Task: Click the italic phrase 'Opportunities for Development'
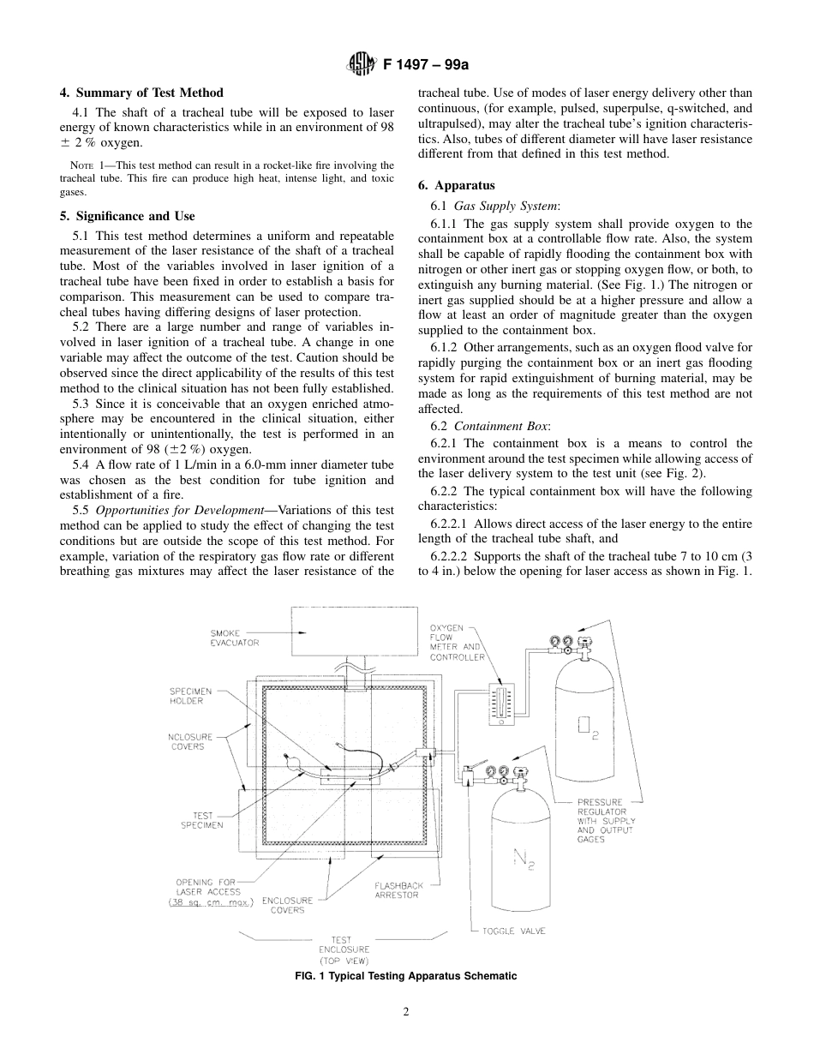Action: point(185,510)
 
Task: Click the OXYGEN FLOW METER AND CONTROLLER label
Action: point(456,643)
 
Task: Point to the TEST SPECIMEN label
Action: point(201,820)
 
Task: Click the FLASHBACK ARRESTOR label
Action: point(397,889)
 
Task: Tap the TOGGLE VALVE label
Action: point(513,931)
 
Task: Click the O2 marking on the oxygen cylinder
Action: point(586,728)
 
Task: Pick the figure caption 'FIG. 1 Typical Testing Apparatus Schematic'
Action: point(406,976)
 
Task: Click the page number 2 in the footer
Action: point(406,1011)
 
